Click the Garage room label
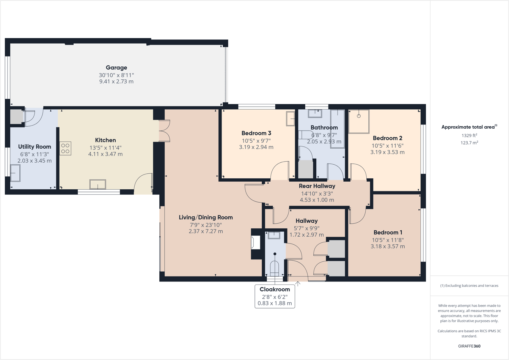tap(116, 68)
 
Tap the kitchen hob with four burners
tap(65, 148)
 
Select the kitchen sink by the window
tap(97, 184)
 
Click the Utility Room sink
tap(15, 173)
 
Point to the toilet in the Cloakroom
tap(274, 269)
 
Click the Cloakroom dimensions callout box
tap(275, 296)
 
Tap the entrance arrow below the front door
tap(298, 284)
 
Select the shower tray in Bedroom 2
tap(358, 121)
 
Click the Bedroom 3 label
tap(256, 133)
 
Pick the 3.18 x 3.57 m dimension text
tap(388, 246)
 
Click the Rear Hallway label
tap(317, 186)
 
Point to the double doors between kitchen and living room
tap(164, 131)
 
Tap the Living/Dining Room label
tap(206, 217)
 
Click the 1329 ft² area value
tap(469, 135)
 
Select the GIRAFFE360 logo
tap(469, 346)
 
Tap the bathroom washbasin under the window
tap(314, 113)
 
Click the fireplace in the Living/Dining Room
tap(256, 242)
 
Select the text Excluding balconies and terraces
tap(471, 286)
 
